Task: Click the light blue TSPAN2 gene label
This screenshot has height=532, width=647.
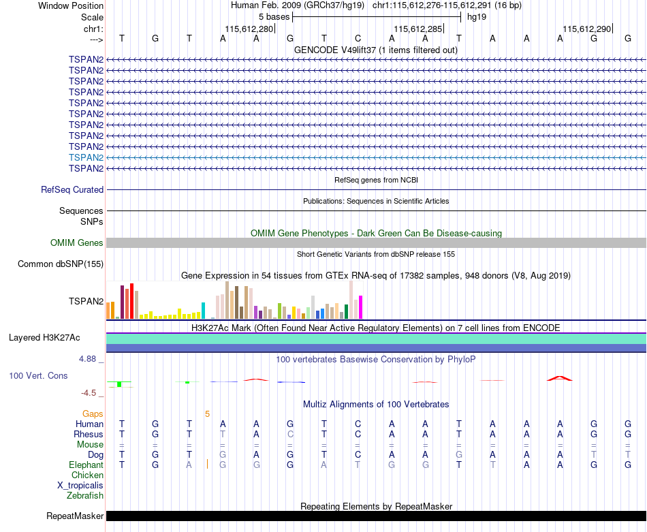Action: (86, 157)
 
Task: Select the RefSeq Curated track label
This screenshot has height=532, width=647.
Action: (72, 190)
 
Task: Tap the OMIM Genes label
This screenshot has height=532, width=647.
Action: (77, 242)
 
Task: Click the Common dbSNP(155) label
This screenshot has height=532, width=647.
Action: (61, 264)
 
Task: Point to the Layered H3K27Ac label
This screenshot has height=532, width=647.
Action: (44, 338)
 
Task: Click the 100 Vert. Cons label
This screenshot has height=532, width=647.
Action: (38, 375)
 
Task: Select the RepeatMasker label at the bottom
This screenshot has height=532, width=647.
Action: (75, 516)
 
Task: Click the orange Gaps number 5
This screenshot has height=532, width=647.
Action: (208, 414)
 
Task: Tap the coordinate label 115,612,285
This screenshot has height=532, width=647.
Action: (418, 29)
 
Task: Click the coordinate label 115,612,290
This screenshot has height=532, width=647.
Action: (587, 29)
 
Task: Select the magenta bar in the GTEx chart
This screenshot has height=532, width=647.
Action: (361, 307)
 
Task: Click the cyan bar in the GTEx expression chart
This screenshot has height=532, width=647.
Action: (203, 311)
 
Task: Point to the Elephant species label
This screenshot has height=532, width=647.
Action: (86, 465)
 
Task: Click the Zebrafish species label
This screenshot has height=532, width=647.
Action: (85, 496)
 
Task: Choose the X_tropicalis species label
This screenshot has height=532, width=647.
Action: (80, 486)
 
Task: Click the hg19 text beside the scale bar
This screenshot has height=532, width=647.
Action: (477, 17)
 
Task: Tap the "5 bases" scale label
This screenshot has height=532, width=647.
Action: (274, 17)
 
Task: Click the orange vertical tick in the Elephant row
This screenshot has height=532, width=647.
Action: (207, 465)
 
